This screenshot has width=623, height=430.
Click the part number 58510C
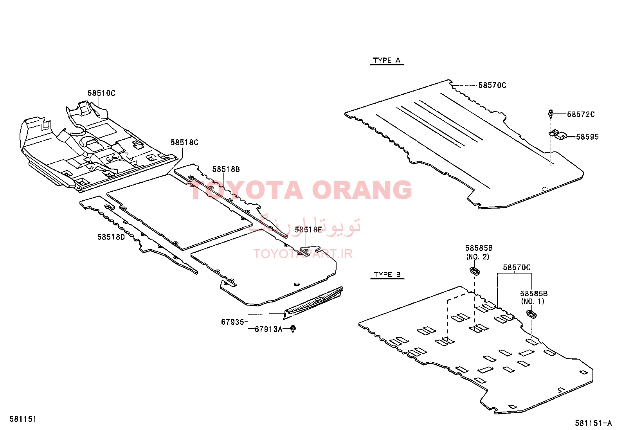tap(101, 93)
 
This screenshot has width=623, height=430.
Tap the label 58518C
tap(184, 142)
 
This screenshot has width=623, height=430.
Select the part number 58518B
tap(226, 169)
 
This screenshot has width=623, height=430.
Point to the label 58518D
tap(111, 237)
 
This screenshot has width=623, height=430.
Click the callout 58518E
tap(308, 230)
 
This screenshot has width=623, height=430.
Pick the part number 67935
tap(232, 322)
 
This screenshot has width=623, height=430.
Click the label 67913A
tap(268, 329)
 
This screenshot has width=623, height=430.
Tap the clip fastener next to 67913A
tap(293, 329)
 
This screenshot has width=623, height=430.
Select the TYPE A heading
tap(387, 61)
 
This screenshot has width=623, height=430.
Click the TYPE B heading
tap(387, 275)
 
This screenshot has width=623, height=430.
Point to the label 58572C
tap(581, 114)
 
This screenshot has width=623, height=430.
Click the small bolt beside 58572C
tap(551, 114)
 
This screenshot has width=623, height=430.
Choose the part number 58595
tap(587, 137)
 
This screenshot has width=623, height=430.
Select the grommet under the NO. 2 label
tap(475, 270)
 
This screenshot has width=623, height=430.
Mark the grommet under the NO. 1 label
tap(531, 314)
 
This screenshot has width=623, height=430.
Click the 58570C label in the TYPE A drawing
tap(492, 85)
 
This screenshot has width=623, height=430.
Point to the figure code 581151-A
tap(593, 423)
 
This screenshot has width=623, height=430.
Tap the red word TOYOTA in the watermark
tap(247, 190)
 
